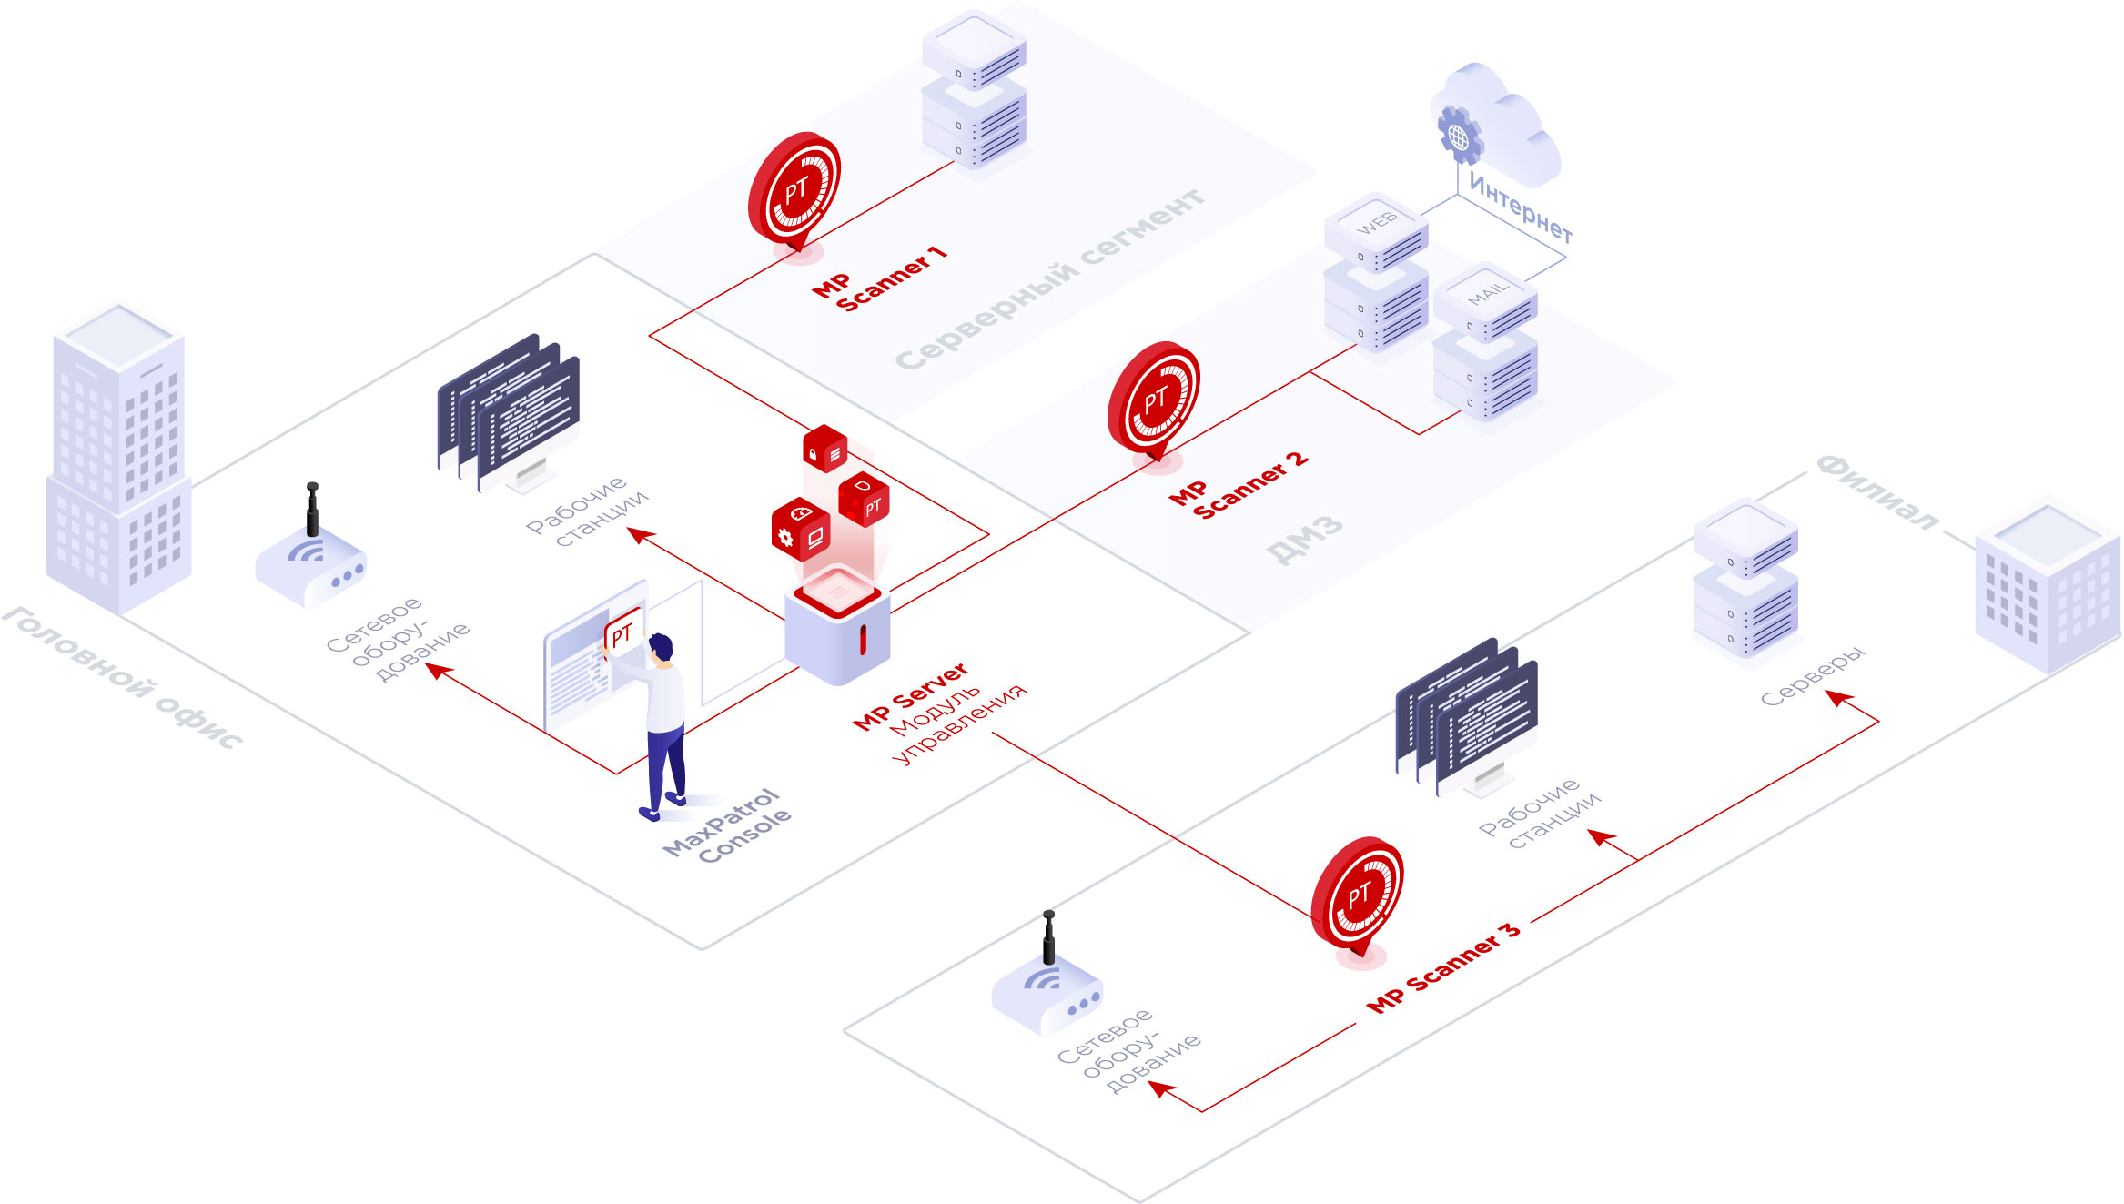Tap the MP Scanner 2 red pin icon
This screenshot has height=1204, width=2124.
pyautogui.click(x=1154, y=400)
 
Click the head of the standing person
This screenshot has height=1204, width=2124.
pyautogui.click(x=662, y=647)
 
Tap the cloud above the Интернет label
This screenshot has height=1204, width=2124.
pyautogui.click(x=1502, y=127)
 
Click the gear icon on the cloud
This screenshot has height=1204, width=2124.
pyautogui.click(x=1459, y=137)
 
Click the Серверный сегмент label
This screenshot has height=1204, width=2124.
pyautogui.click(x=1051, y=278)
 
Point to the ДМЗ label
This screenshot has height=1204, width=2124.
pyautogui.click(x=1304, y=539)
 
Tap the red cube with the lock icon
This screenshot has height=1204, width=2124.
pyautogui.click(x=824, y=449)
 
